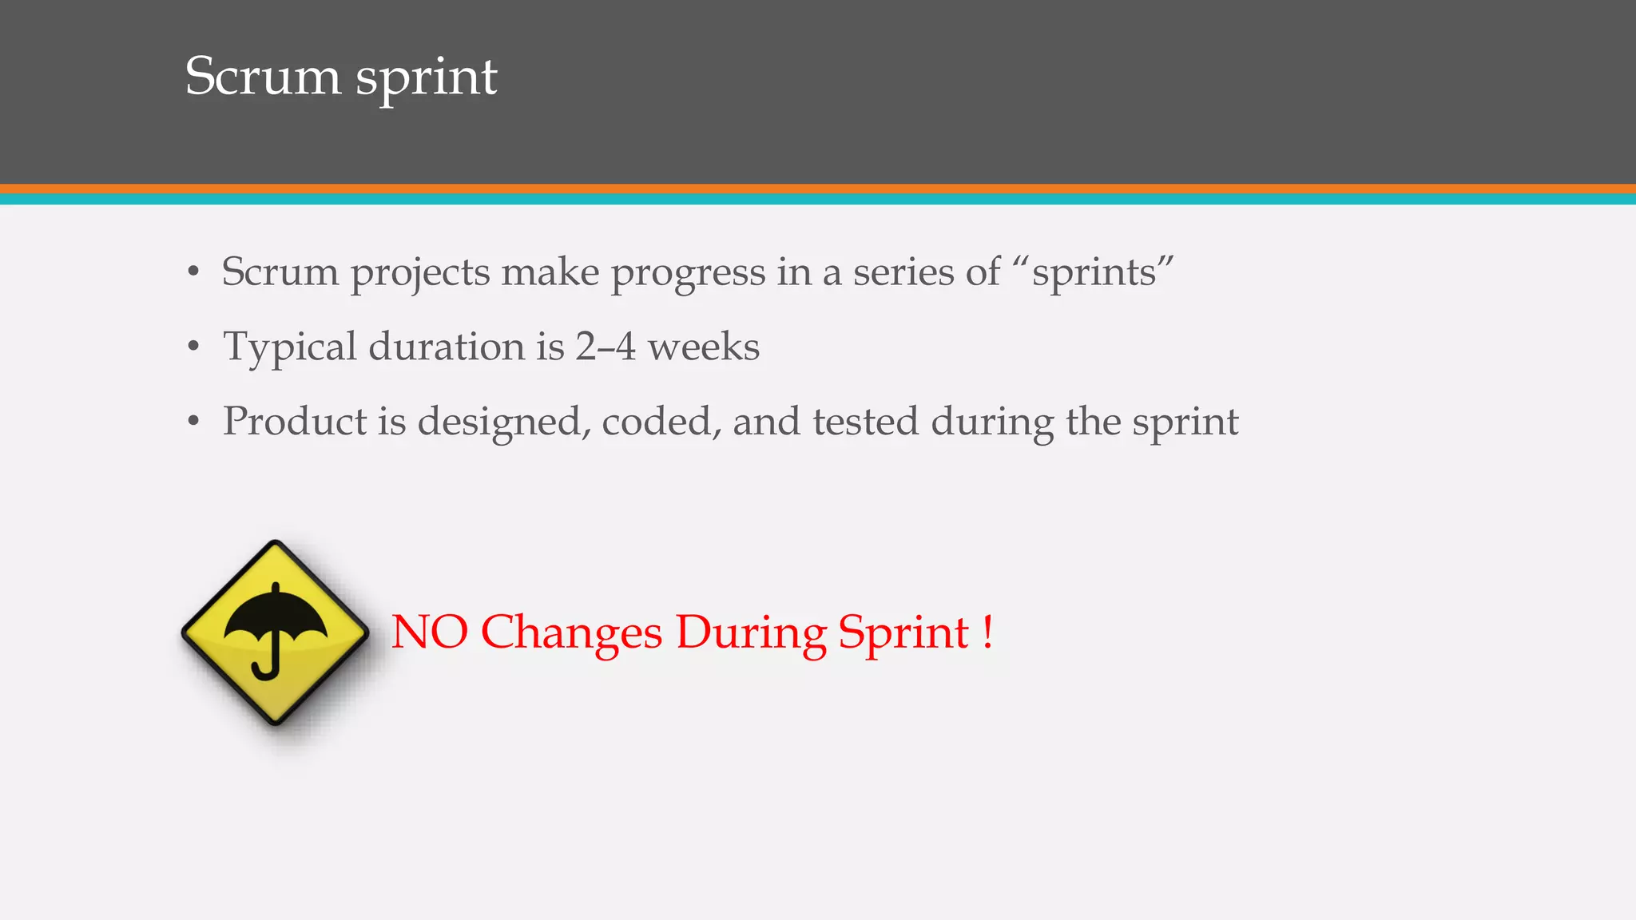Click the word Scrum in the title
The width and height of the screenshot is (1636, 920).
pos(263,77)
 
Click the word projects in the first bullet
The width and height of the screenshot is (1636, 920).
pos(420,273)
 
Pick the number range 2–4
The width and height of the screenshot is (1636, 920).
pos(605,347)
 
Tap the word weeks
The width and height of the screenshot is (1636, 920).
pos(703,347)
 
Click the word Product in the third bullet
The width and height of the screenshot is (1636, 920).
pos(293,421)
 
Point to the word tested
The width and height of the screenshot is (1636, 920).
pos(865,421)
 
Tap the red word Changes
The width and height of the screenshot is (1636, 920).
pos(571,633)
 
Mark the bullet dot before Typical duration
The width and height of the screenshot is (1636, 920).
pos(193,347)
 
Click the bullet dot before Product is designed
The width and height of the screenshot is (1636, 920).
pos(193,422)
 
